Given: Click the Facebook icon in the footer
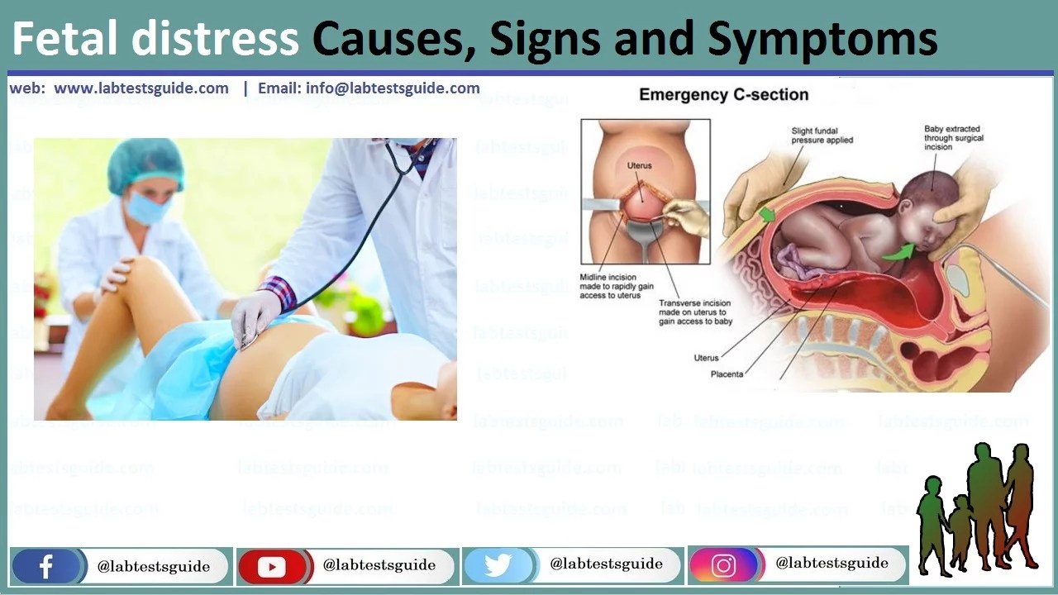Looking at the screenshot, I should [x=46, y=567].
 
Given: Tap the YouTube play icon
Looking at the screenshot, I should [x=271, y=567].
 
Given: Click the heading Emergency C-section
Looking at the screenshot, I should [x=723, y=95].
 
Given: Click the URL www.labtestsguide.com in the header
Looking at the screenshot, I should [x=141, y=88].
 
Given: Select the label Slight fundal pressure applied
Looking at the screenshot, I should [x=822, y=136].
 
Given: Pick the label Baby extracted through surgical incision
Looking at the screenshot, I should [x=952, y=138].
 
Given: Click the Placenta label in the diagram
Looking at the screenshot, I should [x=727, y=374].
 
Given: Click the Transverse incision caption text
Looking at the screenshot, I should [x=693, y=312].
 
